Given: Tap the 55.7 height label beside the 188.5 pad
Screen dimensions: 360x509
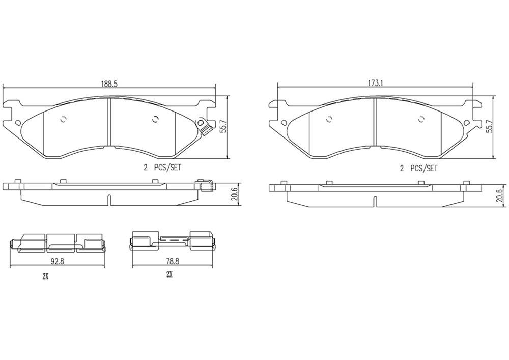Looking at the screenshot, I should pos(222,127).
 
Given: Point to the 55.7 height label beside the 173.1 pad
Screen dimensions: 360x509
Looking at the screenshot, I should pos(490,127).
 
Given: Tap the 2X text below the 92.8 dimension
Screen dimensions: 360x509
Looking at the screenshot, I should pos(45,276).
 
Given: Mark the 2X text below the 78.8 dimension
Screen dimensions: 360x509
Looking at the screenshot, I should pos(169,274).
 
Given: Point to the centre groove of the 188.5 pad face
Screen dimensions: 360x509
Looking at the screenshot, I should pos(110,122).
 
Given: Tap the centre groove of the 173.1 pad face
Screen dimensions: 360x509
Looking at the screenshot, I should pos(375,122).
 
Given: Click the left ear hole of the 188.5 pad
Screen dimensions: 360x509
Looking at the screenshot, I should pos(19,123).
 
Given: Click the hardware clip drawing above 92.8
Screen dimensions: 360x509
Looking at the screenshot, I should pos(57,243).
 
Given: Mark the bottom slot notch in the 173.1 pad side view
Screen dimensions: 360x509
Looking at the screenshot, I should pos(375,201).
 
